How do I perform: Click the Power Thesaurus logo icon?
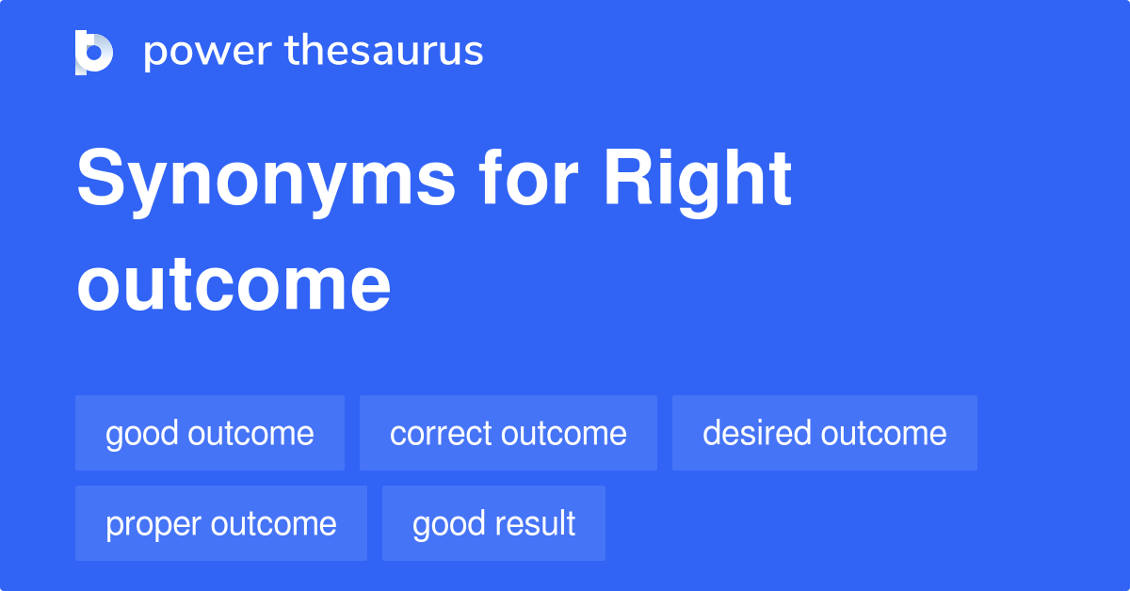(x=94, y=52)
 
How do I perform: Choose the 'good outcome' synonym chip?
(x=210, y=433)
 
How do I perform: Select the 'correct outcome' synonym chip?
(x=508, y=433)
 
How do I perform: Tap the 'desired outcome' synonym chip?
(x=825, y=433)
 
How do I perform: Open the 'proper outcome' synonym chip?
(x=221, y=523)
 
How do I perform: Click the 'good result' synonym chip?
(x=493, y=523)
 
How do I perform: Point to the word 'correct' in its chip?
(x=441, y=433)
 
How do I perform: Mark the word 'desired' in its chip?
(x=757, y=433)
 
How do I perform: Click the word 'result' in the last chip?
(x=539, y=523)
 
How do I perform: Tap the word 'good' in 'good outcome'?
(x=141, y=434)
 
